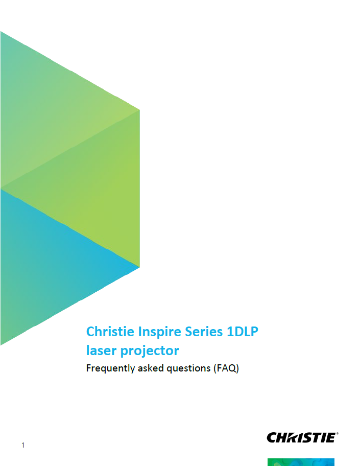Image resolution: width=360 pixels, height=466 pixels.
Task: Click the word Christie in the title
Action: click(110, 332)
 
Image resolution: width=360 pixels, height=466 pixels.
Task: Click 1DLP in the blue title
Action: click(242, 332)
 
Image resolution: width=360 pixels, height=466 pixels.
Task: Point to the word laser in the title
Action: click(101, 351)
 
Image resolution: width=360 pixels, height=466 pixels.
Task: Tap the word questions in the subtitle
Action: click(188, 368)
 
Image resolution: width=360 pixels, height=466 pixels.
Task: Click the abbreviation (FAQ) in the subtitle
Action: click(226, 368)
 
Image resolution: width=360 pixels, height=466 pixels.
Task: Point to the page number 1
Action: click(23, 446)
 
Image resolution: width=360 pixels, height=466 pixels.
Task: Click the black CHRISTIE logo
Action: click(301, 437)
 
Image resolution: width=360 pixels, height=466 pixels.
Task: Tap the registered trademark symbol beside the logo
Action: click(338, 434)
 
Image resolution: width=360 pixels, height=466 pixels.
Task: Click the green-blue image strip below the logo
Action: click(301, 462)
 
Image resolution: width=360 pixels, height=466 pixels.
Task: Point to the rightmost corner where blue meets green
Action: click(139, 266)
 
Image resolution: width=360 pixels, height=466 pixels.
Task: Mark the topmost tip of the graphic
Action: click(1, 32)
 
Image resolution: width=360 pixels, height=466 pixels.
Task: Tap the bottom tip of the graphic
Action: click(1, 344)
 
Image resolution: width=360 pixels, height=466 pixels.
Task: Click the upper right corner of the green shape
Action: click(139, 110)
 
